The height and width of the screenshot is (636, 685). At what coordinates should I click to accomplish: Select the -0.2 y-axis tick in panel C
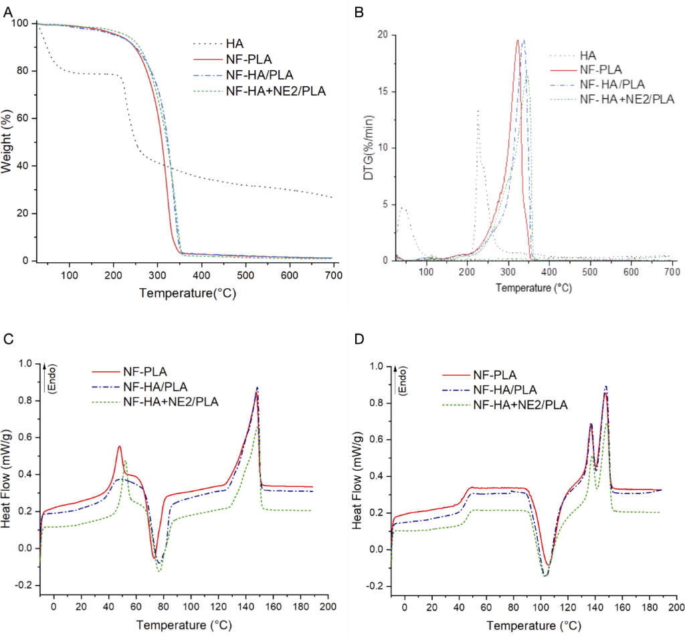coord(25,585)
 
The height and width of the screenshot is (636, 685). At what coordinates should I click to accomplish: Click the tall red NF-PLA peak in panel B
coord(518,41)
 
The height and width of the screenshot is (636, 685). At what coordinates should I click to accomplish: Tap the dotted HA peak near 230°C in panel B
coord(478,112)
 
